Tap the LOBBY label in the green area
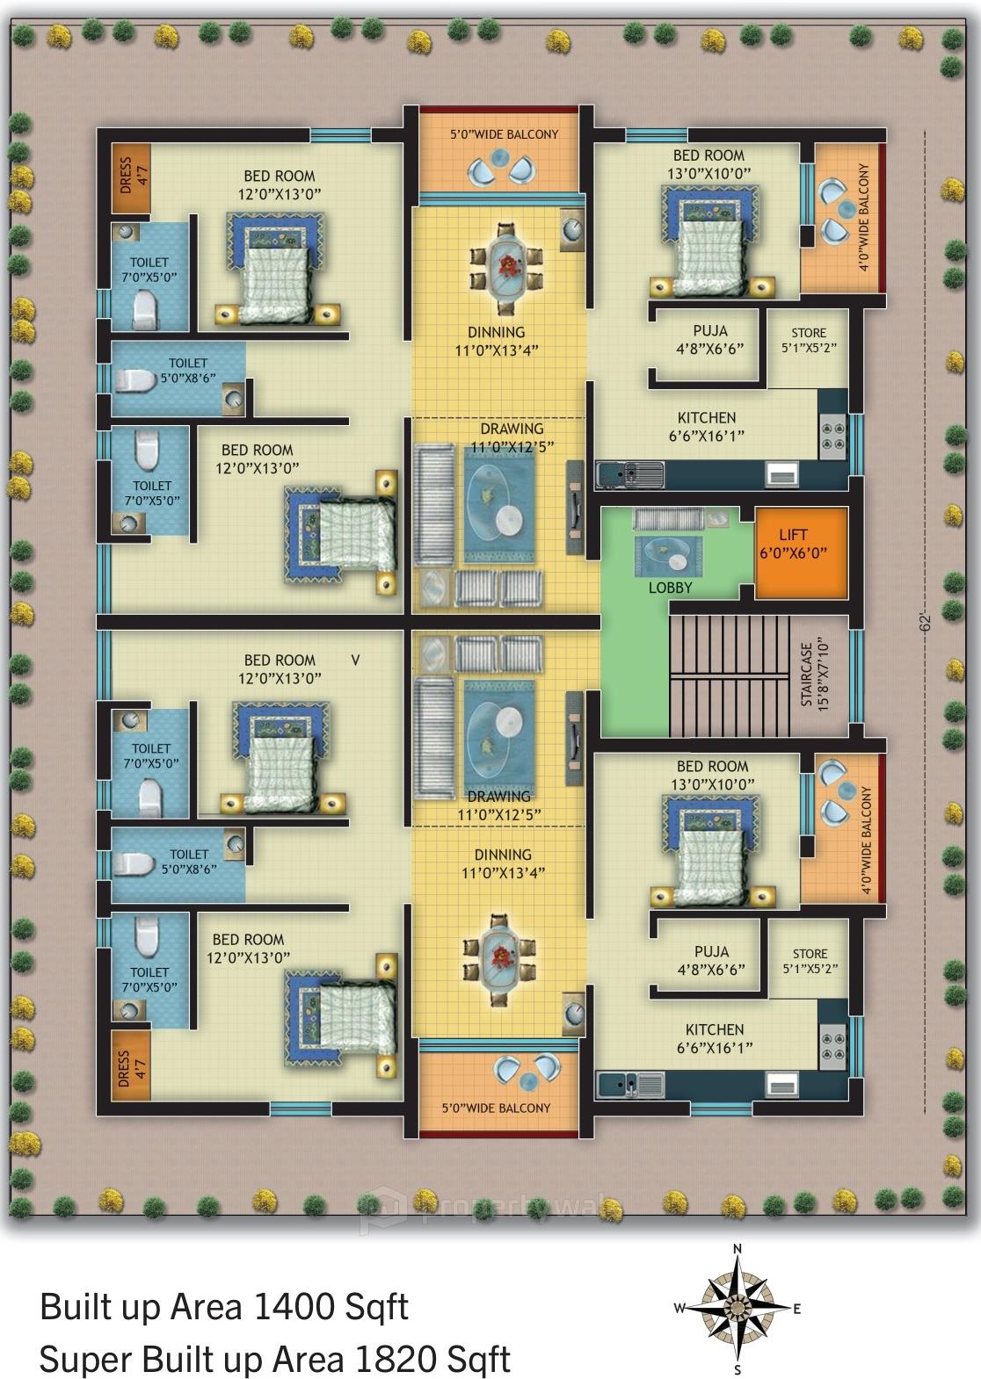tap(670, 588)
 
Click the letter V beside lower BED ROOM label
tap(355, 660)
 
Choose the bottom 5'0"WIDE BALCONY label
tap(496, 1108)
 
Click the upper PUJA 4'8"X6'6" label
tap(710, 339)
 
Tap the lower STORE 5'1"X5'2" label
tap(809, 961)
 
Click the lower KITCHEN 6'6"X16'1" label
tap(715, 1038)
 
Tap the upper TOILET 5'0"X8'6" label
tap(187, 371)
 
